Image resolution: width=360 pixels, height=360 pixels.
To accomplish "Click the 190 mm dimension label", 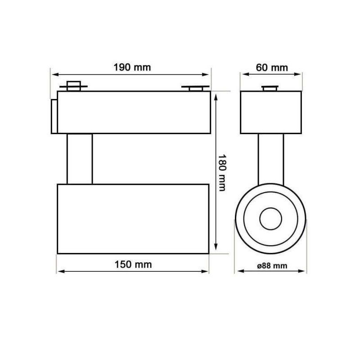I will point(132,67).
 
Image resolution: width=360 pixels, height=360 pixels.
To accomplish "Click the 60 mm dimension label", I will point(272,67).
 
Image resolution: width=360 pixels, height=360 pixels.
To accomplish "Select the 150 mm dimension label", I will point(133,264).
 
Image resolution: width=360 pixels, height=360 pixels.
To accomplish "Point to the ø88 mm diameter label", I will point(272,265).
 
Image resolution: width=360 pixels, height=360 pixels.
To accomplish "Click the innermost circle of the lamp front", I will point(270,219).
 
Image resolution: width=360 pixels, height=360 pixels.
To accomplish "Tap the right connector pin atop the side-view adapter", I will point(195,88).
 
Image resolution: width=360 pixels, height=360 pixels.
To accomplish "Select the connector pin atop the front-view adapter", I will point(270,88).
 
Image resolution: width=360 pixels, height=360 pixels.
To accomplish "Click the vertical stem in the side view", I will point(80,159).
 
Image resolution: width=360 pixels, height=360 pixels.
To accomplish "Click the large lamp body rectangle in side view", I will point(133,218).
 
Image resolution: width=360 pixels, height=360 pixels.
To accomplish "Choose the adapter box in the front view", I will point(270,112).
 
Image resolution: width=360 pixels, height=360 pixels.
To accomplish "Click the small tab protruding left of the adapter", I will point(54,116).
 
